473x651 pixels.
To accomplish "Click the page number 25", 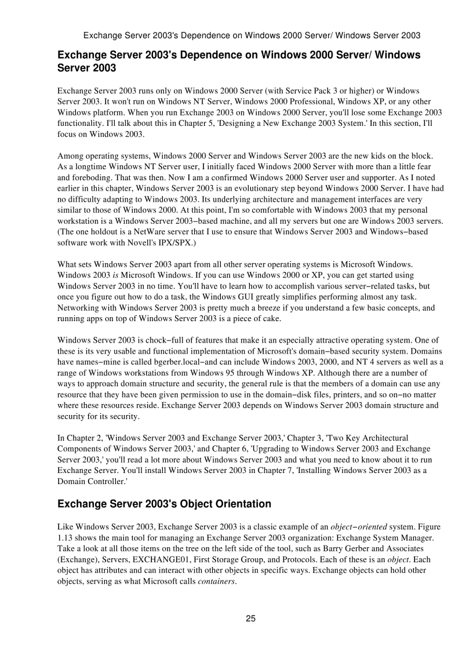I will [250, 619].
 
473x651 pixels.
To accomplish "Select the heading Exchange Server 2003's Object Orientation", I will [164, 504].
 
